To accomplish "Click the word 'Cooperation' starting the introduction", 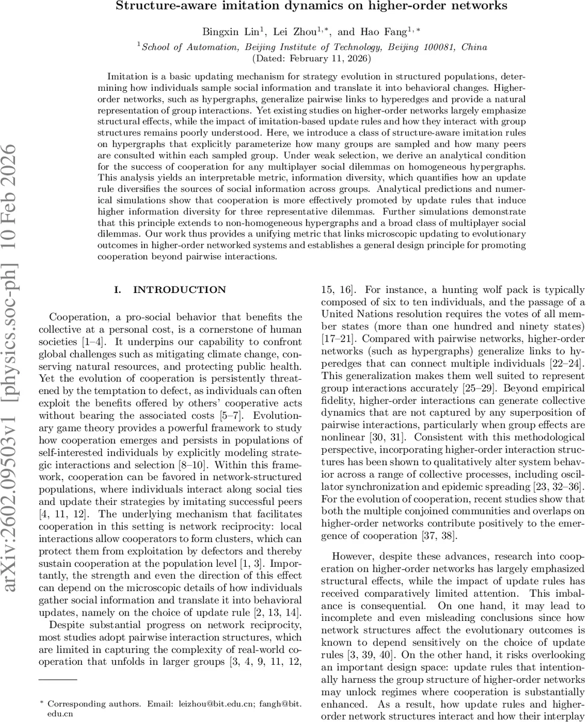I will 77,316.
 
